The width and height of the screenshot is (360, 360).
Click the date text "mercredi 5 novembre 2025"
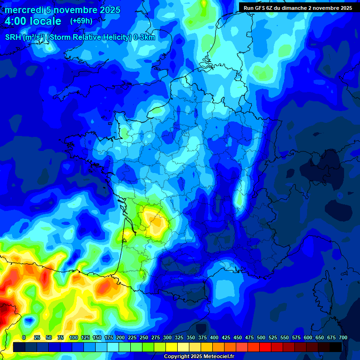pyautogui.click(x=62, y=10)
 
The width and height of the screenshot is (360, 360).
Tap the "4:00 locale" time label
pyautogui.click(x=33, y=21)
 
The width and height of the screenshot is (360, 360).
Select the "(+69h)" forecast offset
pyautogui.click(x=81, y=21)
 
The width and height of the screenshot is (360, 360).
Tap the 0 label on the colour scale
pyautogui.click(x=24, y=337)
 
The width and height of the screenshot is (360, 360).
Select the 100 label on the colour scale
pyautogui.click(x=74, y=337)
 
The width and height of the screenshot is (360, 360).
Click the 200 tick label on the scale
pyautogui.click(x=120, y=337)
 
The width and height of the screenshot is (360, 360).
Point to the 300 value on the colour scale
pyautogui.click(x=167, y=337)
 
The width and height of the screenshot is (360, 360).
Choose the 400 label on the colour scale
pyautogui.click(x=214, y=337)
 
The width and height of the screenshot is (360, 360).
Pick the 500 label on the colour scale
pyautogui.click(x=261, y=337)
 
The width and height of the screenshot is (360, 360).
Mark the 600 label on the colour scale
pyautogui.click(x=308, y=337)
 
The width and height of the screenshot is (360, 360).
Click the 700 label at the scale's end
pyautogui.click(x=343, y=337)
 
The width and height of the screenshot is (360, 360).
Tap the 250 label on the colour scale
pyautogui.click(x=144, y=337)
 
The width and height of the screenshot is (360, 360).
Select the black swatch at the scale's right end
pyautogui.click(x=335, y=347)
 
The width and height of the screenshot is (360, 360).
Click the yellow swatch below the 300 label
pyautogui.click(x=171, y=347)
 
